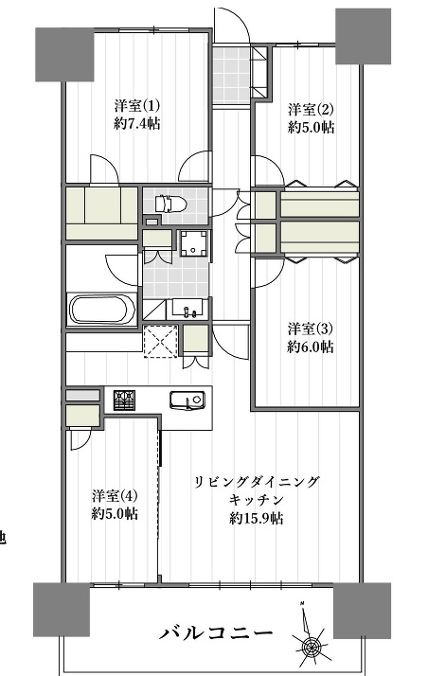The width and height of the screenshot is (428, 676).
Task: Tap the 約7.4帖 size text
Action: coord(137,124)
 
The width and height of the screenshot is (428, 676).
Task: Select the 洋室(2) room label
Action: coord(311,110)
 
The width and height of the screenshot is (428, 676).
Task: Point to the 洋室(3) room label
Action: coord(311,329)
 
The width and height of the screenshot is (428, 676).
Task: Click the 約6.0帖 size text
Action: coord(311,347)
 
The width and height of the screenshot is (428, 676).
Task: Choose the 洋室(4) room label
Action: coord(115,496)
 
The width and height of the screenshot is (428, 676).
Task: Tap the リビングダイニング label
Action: coord(257,482)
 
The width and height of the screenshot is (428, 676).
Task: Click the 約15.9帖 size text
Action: coord(257,519)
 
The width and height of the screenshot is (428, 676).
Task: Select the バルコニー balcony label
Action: coord(217,633)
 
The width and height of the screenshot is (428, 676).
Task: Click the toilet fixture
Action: coord(170,203)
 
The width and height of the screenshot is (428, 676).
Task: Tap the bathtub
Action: coord(102,310)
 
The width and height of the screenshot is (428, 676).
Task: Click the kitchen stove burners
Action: coord(124,400)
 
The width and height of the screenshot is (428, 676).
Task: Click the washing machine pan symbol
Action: coord(194,243)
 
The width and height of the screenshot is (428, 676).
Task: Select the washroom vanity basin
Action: coord(189,309)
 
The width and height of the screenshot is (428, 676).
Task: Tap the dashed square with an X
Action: coord(160,341)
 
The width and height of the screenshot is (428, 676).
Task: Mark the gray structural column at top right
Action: coord(363,36)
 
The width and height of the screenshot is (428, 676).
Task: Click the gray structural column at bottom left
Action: coord(62,610)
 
